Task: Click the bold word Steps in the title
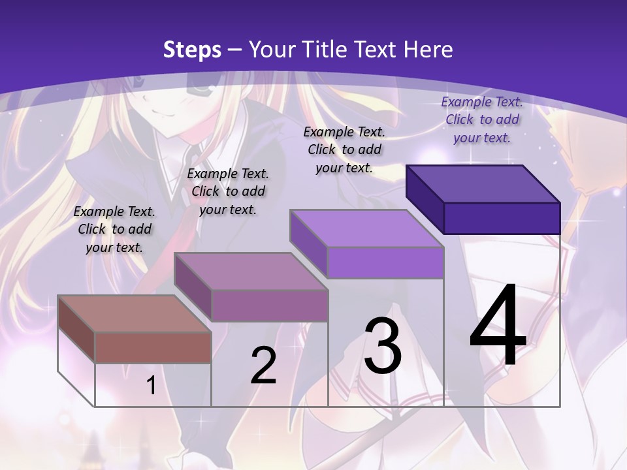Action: coord(192,50)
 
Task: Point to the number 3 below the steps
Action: coord(383,346)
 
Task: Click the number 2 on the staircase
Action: coord(263,366)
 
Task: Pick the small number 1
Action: coord(151,385)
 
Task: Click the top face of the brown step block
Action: coord(135,314)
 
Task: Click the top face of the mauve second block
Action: coord(251,272)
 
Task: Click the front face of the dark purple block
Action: coord(502,218)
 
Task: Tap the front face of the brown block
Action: coord(153,347)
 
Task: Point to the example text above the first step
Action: coord(114,230)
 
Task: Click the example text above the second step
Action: coord(228,192)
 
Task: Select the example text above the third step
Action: coord(344,149)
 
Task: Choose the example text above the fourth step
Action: coord(482,119)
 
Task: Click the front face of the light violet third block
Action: coord(385,262)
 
